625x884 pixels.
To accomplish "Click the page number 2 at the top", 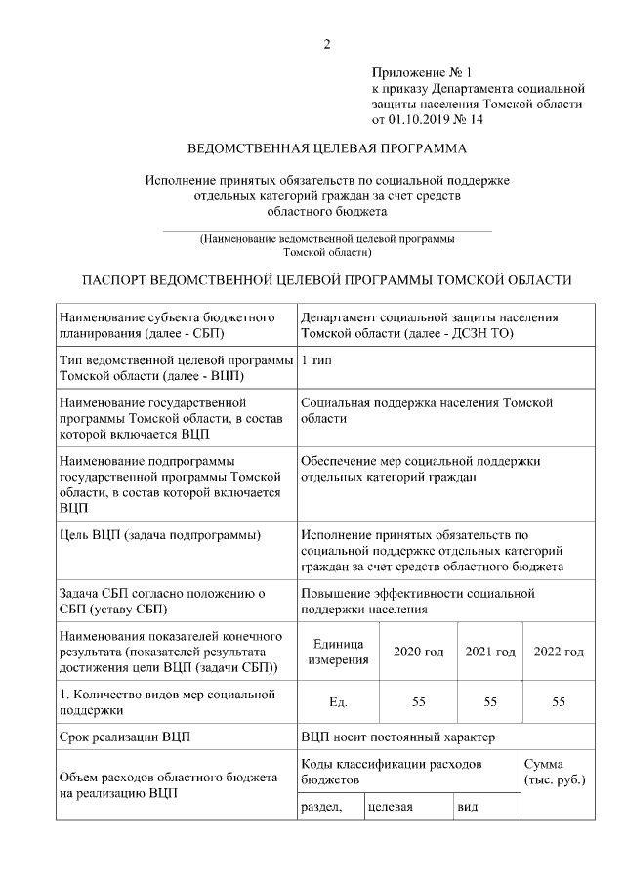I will (327, 44).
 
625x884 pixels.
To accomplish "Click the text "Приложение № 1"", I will (421, 72).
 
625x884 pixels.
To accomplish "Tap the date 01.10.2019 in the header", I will (426, 119).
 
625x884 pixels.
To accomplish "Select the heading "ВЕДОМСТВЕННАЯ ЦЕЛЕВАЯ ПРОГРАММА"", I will (327, 149).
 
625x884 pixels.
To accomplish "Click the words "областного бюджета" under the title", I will (327, 210).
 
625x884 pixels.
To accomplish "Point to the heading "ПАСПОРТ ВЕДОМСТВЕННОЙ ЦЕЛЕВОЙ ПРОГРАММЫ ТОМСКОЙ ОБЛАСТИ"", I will (327, 280).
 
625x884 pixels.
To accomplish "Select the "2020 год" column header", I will (418, 652).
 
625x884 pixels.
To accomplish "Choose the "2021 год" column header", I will (490, 652).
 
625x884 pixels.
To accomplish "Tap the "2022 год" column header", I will (560, 652).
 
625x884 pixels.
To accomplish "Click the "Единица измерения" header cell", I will (338, 652).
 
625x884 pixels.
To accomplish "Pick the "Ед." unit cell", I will (338, 701).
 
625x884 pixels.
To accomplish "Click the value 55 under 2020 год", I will (418, 701).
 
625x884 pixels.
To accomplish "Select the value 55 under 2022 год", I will (560, 701).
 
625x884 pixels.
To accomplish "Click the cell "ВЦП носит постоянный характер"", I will (397, 736).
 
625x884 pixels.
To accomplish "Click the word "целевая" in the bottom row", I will (391, 808).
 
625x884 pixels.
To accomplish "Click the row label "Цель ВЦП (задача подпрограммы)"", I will (159, 535).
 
